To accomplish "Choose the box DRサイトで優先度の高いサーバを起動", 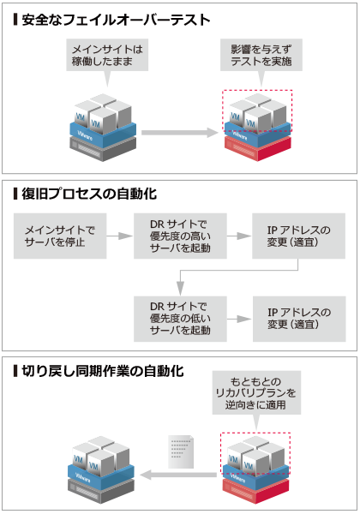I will click(179, 236).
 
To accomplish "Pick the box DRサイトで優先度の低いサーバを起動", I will click(179, 317).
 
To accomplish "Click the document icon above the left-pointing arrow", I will click(179, 448).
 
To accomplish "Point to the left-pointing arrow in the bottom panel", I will click(176, 474).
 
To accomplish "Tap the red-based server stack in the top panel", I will click(257, 128).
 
